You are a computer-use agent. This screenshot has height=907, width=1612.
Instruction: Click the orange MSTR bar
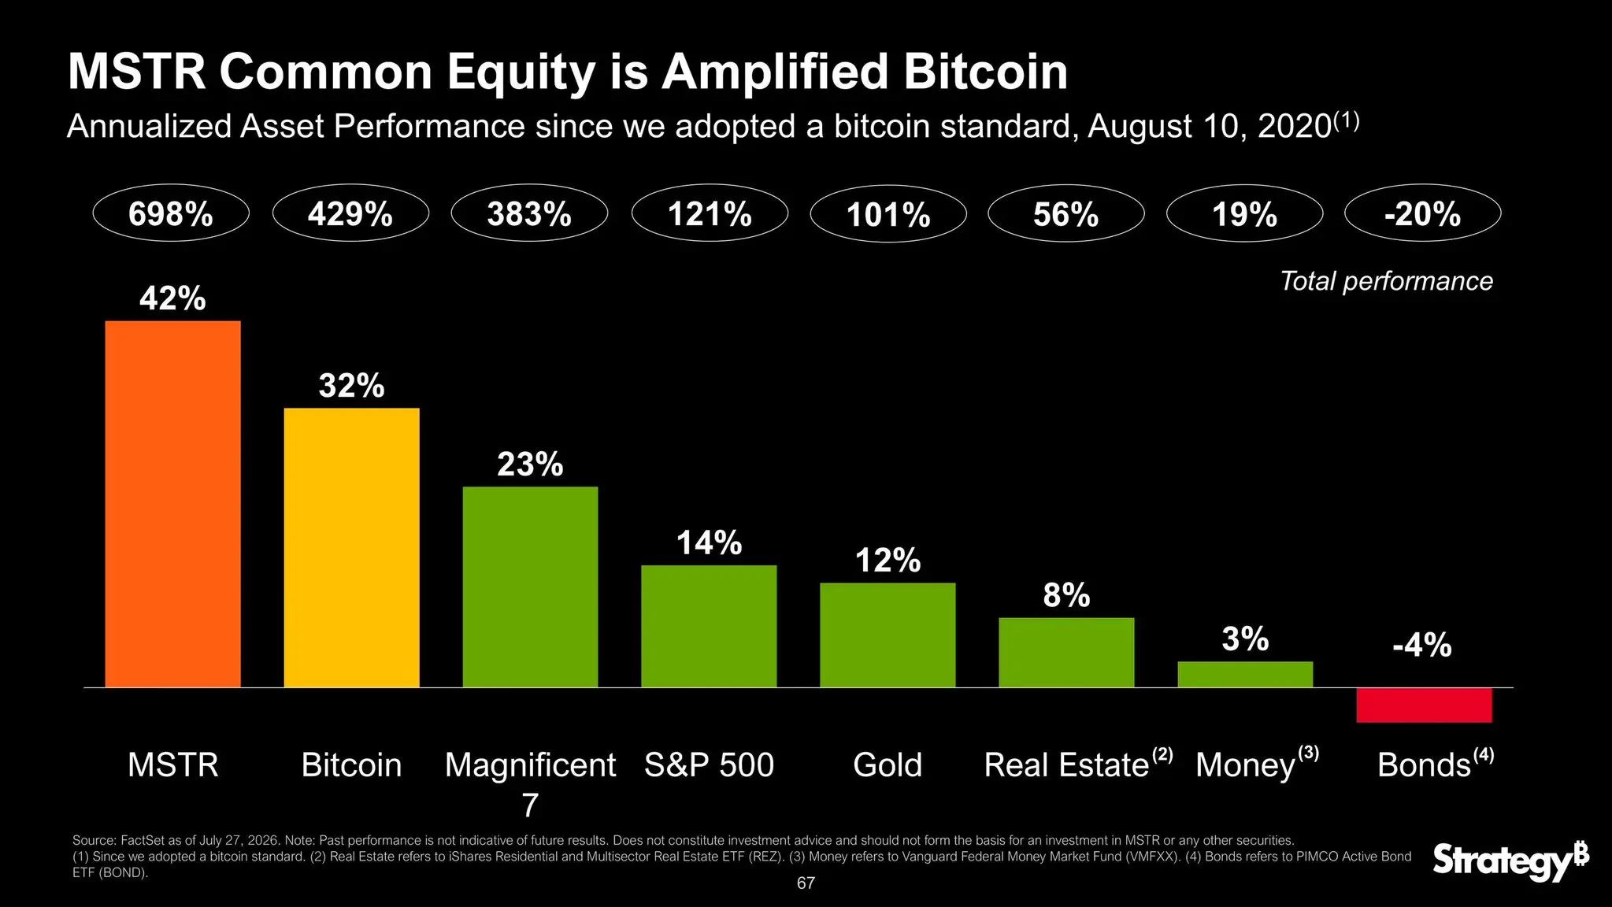tap(172, 504)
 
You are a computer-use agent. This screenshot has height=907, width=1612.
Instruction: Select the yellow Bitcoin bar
tap(351, 547)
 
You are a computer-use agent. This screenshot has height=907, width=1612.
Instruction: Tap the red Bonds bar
tap(1424, 705)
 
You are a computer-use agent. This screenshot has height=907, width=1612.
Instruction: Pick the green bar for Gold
tap(888, 635)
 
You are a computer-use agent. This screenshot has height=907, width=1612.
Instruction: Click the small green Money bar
tap(1245, 674)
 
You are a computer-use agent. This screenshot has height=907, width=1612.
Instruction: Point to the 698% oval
tap(171, 213)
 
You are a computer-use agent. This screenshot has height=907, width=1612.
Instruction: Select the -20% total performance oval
tap(1422, 213)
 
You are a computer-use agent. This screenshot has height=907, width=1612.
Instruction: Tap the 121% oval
tap(710, 213)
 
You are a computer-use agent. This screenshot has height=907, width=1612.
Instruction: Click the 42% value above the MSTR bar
tap(172, 298)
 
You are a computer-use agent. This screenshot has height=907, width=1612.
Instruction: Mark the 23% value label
tap(530, 465)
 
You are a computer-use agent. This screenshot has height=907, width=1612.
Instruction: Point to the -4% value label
tap(1422, 646)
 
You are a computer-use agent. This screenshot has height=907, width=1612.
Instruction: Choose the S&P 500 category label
tap(710, 765)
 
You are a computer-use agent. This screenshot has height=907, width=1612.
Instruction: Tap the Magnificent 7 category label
tap(530, 784)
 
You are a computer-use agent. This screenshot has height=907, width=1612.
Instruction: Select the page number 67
tap(806, 883)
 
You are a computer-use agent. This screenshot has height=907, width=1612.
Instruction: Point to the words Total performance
tap(1386, 281)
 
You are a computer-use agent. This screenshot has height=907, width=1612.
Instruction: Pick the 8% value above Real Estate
tap(1066, 596)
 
